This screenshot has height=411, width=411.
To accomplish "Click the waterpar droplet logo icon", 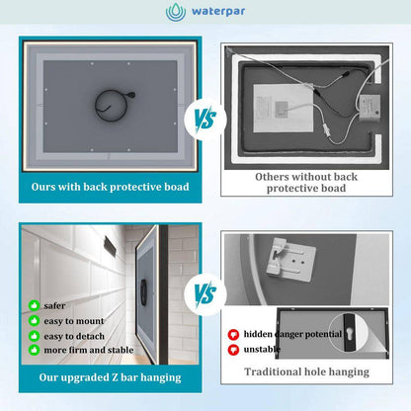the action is point(176,12).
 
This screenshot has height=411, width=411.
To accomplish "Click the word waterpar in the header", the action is point(218,12).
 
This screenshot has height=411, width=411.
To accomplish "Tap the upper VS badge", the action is point(205,119).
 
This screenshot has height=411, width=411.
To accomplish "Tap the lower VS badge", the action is point(205,294).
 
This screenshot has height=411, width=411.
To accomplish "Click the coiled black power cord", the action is point(113,105).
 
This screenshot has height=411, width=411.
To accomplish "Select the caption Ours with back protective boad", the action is point(111,187).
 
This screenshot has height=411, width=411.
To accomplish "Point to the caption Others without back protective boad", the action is point(306,182).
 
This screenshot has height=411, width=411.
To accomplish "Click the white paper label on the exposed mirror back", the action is point(284,108).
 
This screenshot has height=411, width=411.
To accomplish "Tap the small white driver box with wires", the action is point(370,107).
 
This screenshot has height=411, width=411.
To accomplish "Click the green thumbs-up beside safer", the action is point(35,305).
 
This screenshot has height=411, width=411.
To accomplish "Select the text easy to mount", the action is point(74,321).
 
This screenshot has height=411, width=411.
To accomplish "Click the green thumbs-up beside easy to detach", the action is point(35,336).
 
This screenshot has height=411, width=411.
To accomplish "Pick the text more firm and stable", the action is point(89,350).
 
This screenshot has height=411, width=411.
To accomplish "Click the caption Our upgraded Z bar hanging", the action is point(110,377).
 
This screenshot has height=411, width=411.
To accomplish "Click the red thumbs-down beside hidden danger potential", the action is point(233,335).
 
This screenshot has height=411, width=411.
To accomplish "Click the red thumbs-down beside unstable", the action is point(233,350).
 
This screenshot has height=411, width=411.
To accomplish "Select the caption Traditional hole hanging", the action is point(306,371).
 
